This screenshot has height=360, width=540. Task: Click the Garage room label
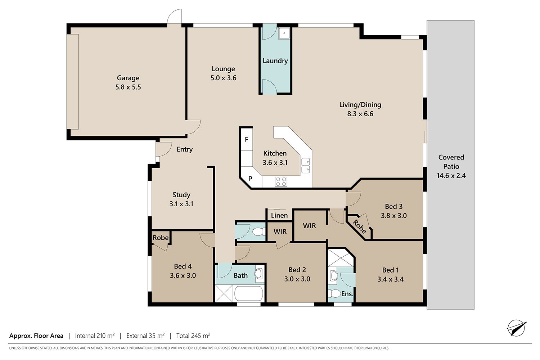tap(128, 78)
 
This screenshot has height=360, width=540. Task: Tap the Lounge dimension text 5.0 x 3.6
tap(223, 78)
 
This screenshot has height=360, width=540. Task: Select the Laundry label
tap(275, 61)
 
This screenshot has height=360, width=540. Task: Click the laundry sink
tap(284, 33)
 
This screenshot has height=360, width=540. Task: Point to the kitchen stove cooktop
tap(281, 181)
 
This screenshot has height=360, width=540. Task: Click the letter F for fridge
tap(246, 139)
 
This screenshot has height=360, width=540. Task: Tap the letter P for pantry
tap(250, 179)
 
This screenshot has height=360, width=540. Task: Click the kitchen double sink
tap(305, 166)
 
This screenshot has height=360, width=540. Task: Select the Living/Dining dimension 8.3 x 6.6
tap(360, 114)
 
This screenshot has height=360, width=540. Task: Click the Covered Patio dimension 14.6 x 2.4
tap(451, 176)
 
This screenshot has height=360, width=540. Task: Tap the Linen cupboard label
tap(279, 215)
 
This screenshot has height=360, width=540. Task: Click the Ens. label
tap(347, 294)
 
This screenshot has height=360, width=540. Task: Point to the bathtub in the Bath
tap(249, 293)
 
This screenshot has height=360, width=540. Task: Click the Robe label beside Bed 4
tap(160, 238)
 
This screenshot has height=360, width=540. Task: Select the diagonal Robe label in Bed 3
tap(359, 227)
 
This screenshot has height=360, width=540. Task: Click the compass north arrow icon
tap(517, 328)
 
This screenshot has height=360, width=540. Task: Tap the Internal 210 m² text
tap(95, 336)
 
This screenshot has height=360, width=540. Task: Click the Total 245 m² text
tap(193, 336)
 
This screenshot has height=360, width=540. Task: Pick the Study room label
tap(181, 195)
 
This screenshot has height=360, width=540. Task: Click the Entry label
tap(185, 149)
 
